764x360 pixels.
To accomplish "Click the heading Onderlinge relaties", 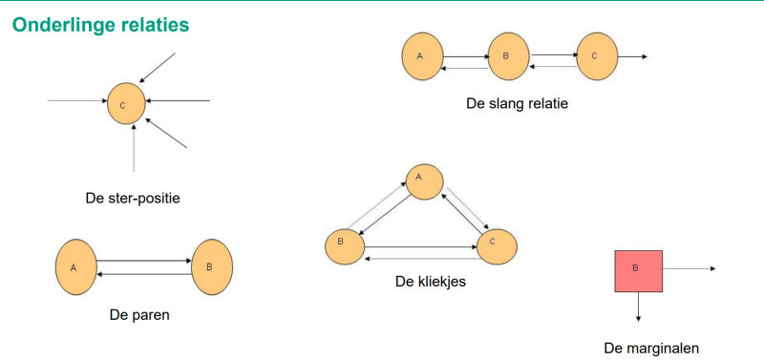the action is coord(100,25).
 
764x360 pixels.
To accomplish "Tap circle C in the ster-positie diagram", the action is coord(126,103).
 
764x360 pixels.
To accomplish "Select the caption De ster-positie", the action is coord(133,199).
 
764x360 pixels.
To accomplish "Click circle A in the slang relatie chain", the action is coord(423,56).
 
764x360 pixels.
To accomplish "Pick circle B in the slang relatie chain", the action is coord(509,56).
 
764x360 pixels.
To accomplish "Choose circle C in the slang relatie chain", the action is coord(598,56).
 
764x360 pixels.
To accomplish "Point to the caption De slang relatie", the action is coord(518,103).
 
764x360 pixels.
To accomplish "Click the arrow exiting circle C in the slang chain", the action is coord(633,57).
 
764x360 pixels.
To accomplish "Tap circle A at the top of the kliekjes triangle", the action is coord(424,181).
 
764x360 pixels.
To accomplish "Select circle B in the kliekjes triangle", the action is coord(345,246).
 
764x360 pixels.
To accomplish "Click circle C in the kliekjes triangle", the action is coord(497,246).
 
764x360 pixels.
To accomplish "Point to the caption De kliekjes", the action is coord(431,282).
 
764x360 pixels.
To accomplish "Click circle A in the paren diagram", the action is coord(76,267).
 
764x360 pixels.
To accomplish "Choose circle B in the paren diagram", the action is coord(212,267).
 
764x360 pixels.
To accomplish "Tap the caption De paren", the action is coord(139,315).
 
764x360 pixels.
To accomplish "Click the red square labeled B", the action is coord(638,271).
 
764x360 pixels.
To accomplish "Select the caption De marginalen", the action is coord(651,349).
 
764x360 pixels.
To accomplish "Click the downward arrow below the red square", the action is coord(638,307).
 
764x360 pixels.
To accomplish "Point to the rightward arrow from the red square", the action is coord(689,268).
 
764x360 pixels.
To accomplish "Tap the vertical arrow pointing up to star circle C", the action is coord(134,148).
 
